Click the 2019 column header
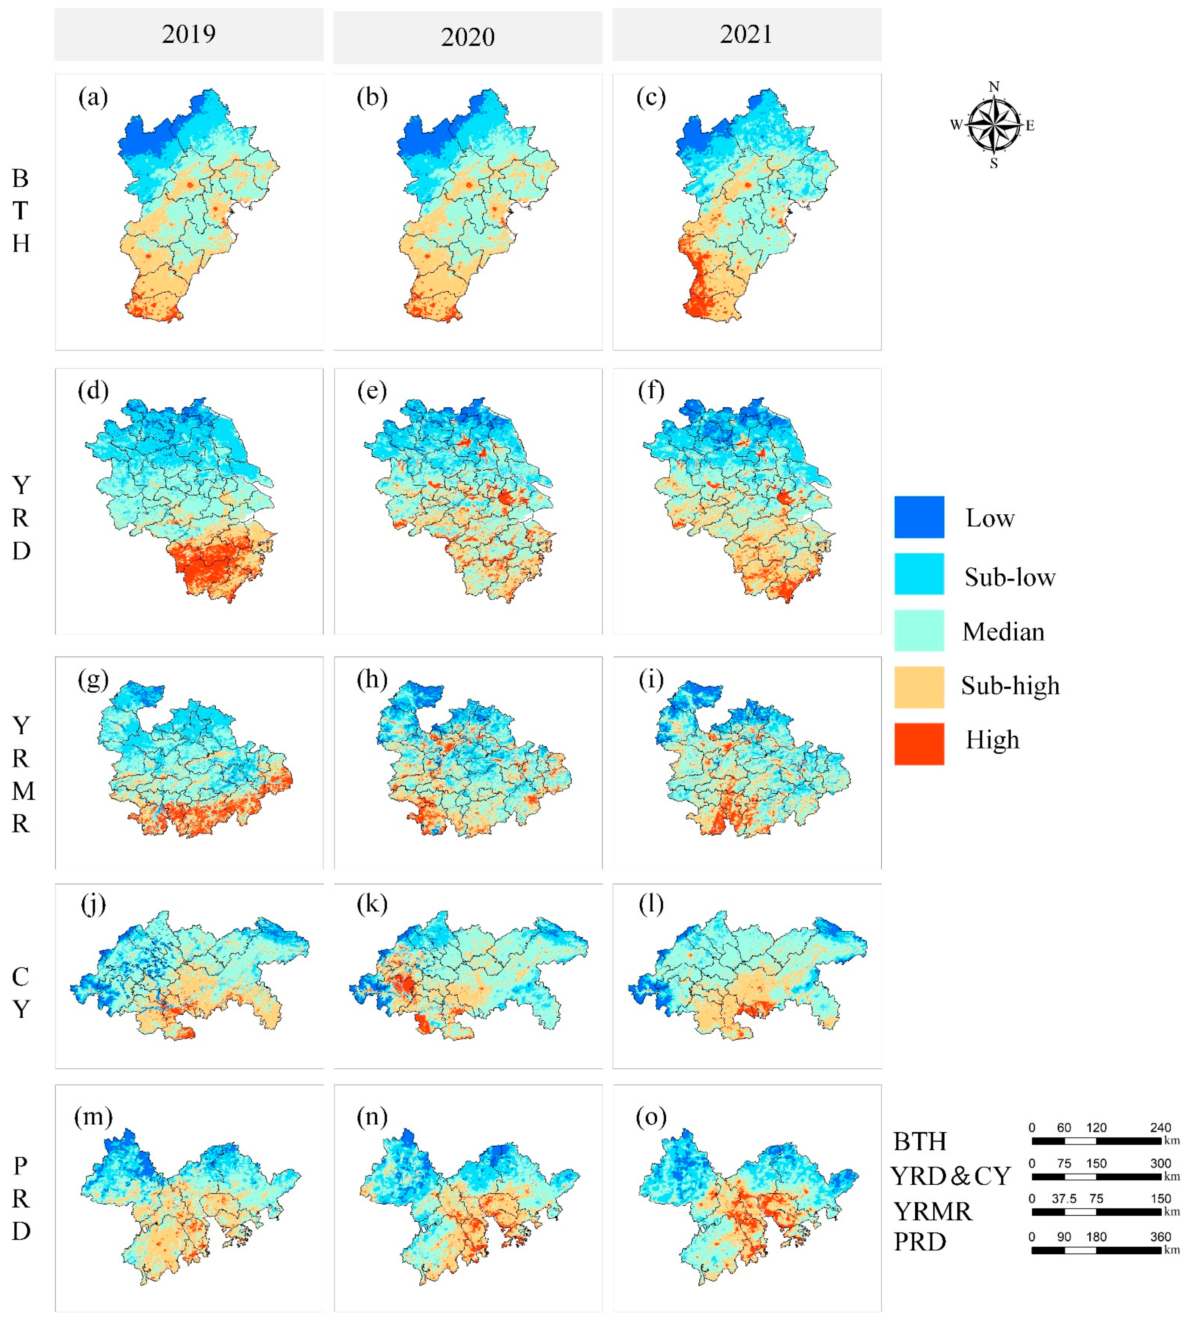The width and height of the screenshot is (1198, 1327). pos(189,34)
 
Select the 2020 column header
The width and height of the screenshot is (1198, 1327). pos(467,37)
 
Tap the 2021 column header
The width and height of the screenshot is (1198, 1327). pos(746,34)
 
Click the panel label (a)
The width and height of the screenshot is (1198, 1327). pos(93,98)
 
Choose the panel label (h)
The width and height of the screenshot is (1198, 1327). pos(372,679)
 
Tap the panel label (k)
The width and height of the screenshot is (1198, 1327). pos(372,904)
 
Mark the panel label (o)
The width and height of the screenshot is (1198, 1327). pos(651,1116)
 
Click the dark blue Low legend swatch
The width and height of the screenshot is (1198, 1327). pos(919,518)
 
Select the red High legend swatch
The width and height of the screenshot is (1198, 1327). pos(919,744)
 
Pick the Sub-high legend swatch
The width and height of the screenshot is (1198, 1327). pos(919,687)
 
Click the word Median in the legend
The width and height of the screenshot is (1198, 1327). pos(1003,632)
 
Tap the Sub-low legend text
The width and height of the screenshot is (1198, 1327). pos(1010,577)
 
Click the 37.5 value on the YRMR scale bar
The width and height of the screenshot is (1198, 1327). pos(1064,1199)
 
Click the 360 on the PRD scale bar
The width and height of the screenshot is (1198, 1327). pos(1160,1237)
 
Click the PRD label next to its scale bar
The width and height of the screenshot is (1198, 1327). pos(919,1242)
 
